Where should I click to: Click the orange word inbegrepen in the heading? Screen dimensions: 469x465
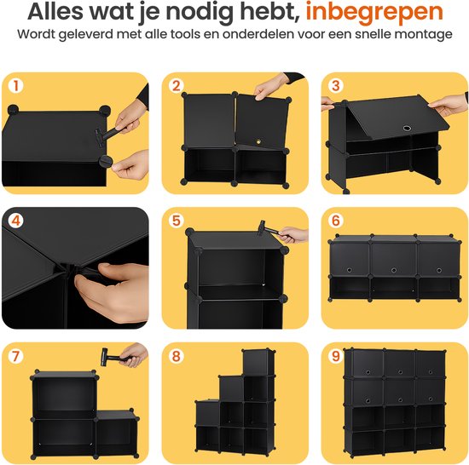pos(373,13)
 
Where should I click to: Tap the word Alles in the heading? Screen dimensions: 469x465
pos(55,11)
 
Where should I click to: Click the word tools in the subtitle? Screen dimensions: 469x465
pos(185,34)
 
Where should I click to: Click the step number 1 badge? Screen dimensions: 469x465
pos(16,86)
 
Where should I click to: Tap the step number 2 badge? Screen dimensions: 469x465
pos(176,86)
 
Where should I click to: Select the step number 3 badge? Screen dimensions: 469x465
pos(336,86)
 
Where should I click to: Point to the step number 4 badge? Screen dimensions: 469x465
pos(16,221)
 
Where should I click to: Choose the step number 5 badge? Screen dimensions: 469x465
pos(176,221)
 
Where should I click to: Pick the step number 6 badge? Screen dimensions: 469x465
pos(336,221)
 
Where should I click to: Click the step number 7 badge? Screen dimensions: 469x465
pos(16,356)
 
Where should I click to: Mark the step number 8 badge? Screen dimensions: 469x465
pos(176,356)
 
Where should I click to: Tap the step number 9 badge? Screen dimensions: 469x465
pos(336,356)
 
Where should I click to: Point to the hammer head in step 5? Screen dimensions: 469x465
pos(263,227)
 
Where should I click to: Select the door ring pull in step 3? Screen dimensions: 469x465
pos(406,129)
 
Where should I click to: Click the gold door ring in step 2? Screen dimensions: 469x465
pos(259,141)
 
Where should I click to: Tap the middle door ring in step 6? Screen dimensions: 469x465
pos(394,270)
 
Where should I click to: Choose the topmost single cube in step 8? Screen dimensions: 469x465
pos(258,363)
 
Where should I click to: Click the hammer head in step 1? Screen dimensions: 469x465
pos(100,138)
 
